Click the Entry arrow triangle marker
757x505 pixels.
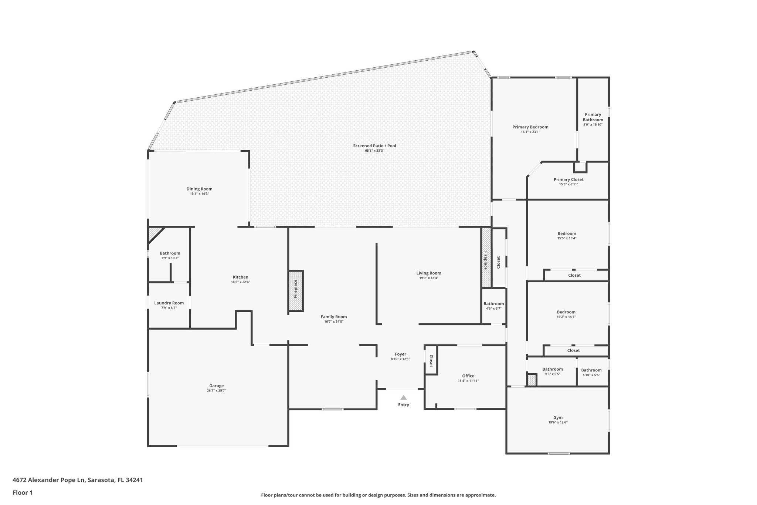[x=403, y=398]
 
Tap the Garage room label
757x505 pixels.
[x=217, y=386]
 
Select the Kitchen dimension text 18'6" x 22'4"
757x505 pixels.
[x=241, y=282]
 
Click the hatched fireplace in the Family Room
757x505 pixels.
[x=296, y=291]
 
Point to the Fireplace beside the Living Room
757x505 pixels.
[x=486, y=258]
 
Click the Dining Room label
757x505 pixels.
[x=199, y=189]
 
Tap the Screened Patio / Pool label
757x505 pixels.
[x=374, y=146]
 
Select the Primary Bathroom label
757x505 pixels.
[x=593, y=117]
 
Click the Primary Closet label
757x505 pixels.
[x=568, y=179]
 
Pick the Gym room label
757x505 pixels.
[x=558, y=418]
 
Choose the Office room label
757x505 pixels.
[x=468, y=376]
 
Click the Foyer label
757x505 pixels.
[x=400, y=354]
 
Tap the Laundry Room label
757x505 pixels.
[x=169, y=303]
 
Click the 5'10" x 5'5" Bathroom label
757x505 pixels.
[x=591, y=370]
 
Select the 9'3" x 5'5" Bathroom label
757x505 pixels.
[x=552, y=369]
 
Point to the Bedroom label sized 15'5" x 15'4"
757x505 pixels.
[x=567, y=233]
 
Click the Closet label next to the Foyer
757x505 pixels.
[x=431, y=361]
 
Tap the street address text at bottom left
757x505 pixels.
[x=78, y=480]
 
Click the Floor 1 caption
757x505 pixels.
[x=23, y=492]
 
